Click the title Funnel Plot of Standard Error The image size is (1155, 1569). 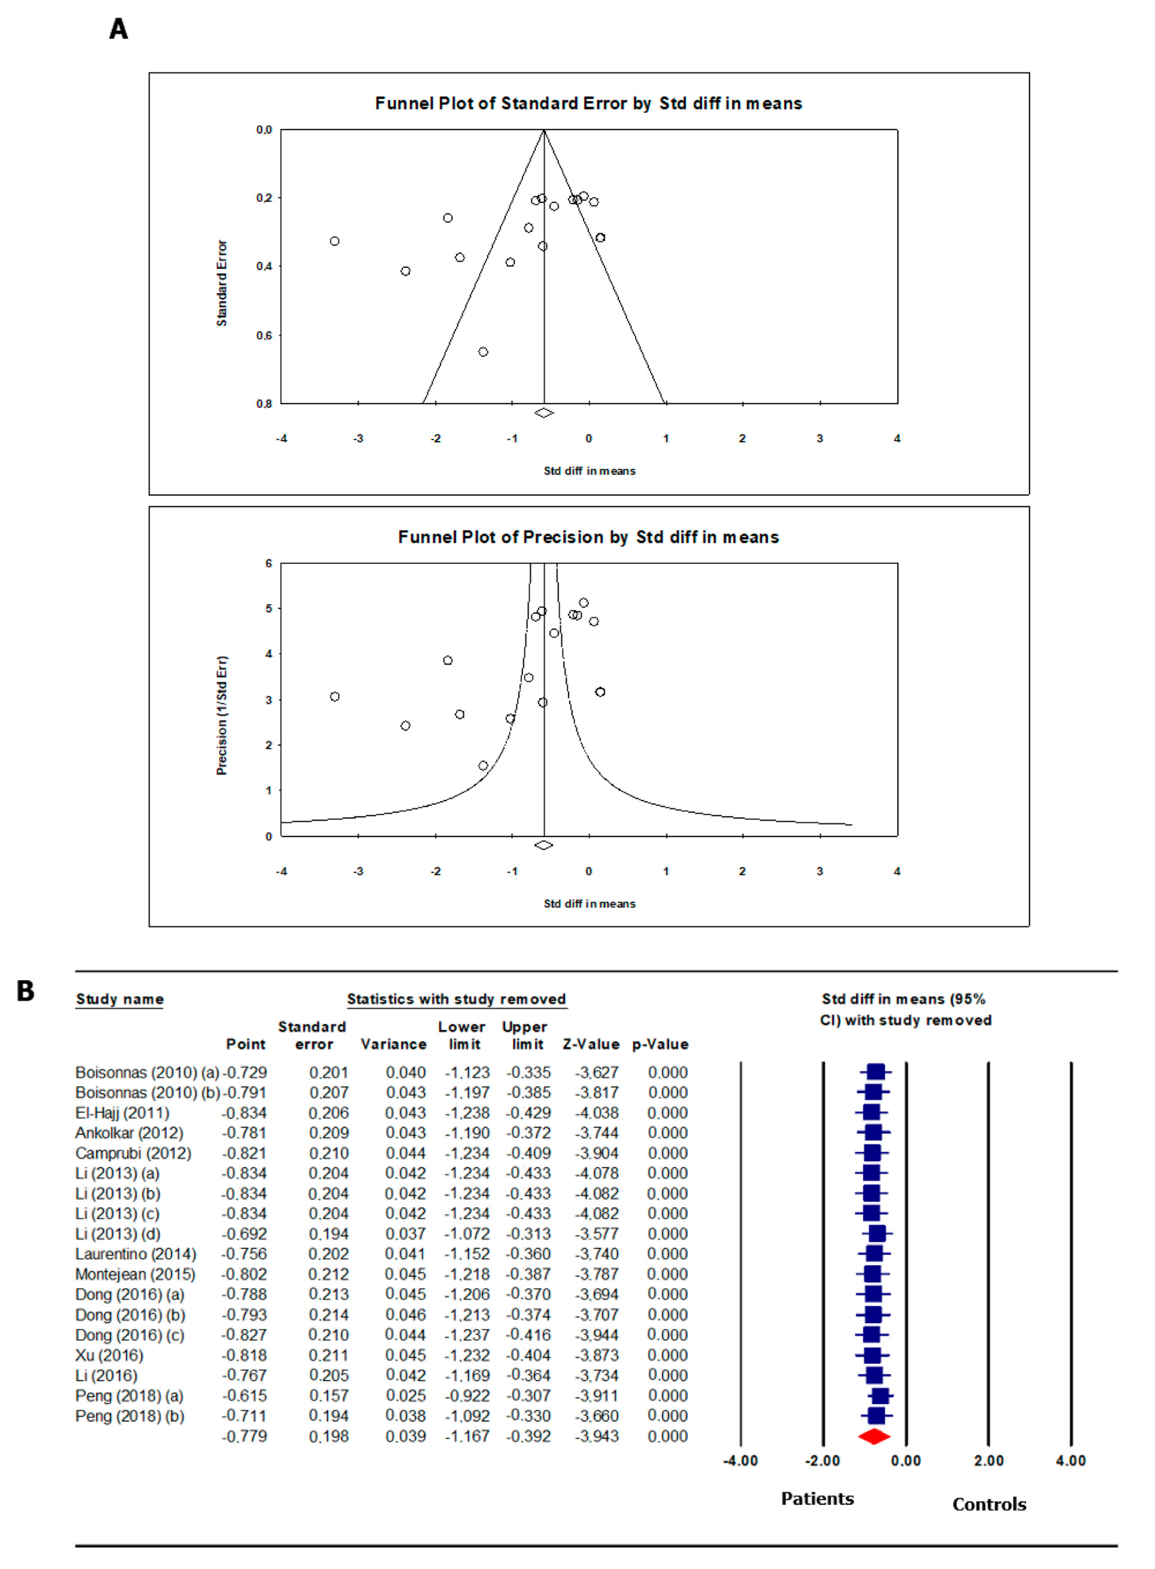click(588, 104)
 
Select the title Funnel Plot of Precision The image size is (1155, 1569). click(588, 537)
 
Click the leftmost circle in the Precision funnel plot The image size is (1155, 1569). click(335, 696)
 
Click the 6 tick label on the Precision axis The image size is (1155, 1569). click(268, 563)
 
